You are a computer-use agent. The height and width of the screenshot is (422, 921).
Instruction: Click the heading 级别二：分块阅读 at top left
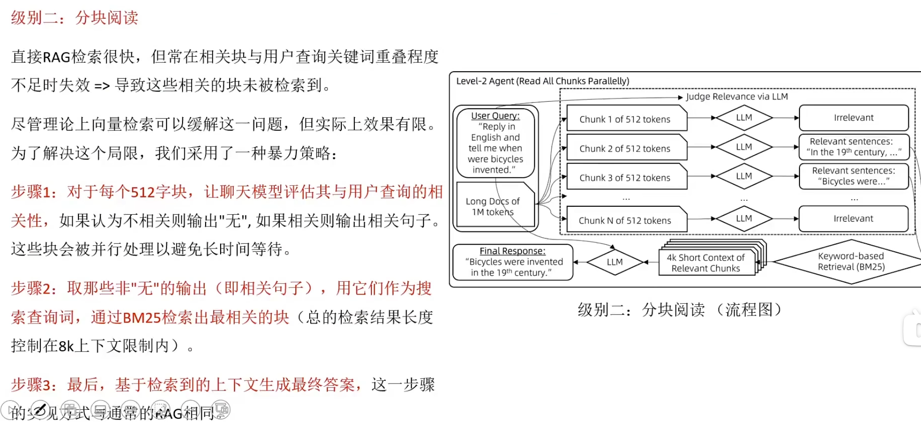point(75,18)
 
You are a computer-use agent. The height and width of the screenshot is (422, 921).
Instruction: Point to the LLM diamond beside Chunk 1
point(744,118)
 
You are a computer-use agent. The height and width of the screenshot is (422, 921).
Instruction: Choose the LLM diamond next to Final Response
point(614,262)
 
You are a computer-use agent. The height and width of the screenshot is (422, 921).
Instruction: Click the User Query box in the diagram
point(495,143)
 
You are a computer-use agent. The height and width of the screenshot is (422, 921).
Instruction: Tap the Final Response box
point(513,262)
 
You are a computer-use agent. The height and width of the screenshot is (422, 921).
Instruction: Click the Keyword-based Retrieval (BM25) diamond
point(851,262)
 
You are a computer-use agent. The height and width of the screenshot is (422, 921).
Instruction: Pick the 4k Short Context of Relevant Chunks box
point(706,263)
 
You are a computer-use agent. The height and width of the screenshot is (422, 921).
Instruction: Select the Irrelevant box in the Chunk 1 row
point(853,118)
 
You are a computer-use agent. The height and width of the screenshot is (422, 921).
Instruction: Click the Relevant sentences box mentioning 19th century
point(853,147)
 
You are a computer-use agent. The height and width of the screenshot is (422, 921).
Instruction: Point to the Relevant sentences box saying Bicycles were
point(853,176)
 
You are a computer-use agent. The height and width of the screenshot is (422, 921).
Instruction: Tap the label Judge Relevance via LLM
point(737,97)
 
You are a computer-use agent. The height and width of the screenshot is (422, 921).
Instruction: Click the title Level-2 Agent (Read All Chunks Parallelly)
point(542,81)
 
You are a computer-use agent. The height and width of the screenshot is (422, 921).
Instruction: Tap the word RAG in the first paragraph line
point(56,57)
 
